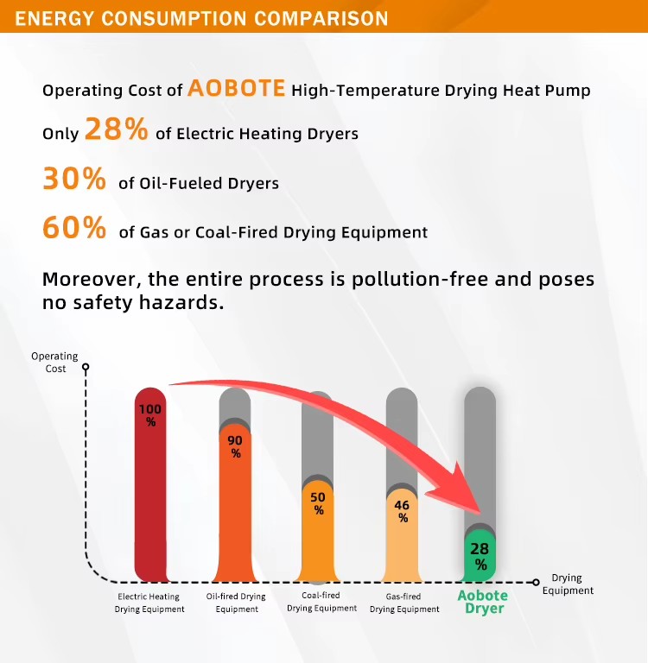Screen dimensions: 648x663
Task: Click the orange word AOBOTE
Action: click(x=237, y=88)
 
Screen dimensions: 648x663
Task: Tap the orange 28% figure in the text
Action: click(x=117, y=129)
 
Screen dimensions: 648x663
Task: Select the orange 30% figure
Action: click(x=74, y=179)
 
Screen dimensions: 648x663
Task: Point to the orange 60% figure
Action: click(x=74, y=228)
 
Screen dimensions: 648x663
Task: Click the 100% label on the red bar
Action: click(x=150, y=415)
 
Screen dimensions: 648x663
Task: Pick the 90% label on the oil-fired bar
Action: click(x=235, y=447)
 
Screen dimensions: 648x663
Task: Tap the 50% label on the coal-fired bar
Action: click(x=318, y=503)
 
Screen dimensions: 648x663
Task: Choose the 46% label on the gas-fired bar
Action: click(x=402, y=511)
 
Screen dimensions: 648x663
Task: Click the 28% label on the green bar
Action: click(x=480, y=556)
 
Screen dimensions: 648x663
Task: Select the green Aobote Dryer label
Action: click(x=483, y=602)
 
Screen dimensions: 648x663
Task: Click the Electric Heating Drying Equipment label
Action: click(x=149, y=603)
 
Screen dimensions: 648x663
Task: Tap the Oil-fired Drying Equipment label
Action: click(x=236, y=603)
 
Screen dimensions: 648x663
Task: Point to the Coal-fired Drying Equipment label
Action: click(x=321, y=602)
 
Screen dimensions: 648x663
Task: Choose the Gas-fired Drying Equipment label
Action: click(x=404, y=603)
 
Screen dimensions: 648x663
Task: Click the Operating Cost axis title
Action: click(x=55, y=363)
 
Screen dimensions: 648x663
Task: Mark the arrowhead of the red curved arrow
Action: click(x=480, y=513)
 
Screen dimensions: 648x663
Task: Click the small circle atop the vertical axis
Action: click(x=86, y=367)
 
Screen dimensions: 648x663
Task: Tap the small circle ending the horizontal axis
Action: click(x=536, y=582)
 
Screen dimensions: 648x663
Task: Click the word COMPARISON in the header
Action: click(x=321, y=19)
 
